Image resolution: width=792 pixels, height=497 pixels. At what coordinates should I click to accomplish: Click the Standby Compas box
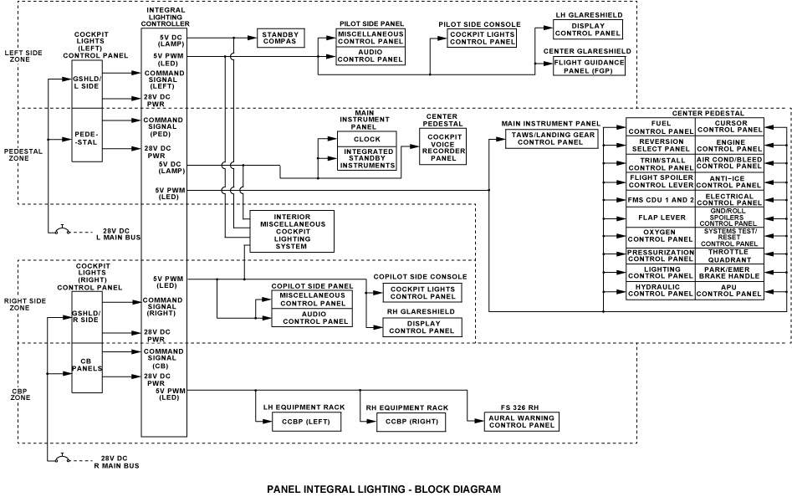(x=281, y=37)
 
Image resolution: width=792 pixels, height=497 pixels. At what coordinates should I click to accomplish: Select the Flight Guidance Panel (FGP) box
(x=590, y=67)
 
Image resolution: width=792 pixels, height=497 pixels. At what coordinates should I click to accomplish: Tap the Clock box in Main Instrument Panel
(x=366, y=139)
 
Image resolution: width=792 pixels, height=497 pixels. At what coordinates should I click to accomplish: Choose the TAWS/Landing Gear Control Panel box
(x=551, y=138)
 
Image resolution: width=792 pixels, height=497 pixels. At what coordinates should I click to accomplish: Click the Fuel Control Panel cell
(x=661, y=127)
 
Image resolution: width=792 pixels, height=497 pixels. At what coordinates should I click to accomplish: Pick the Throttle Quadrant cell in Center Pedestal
(x=729, y=255)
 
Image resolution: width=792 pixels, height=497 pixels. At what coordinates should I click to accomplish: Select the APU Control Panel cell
(x=729, y=290)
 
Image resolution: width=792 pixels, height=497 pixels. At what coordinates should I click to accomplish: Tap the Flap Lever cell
(x=661, y=218)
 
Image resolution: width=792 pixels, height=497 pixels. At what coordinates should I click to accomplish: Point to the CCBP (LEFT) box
(x=306, y=421)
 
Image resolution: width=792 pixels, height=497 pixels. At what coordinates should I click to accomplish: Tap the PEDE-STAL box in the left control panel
(x=88, y=136)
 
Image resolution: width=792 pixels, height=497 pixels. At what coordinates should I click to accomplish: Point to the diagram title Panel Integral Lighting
(x=383, y=489)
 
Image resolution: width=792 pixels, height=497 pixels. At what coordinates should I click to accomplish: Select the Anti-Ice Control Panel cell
(x=729, y=182)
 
